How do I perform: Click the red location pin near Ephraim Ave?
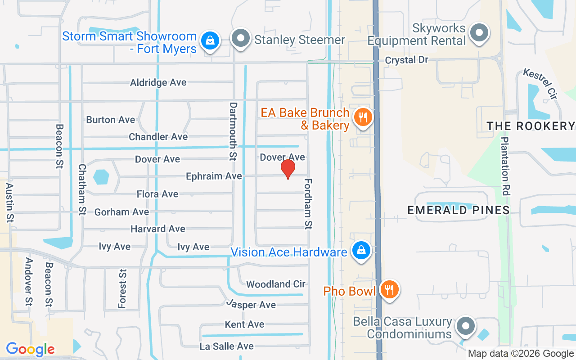point(288,169)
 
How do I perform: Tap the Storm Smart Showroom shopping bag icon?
point(210,40)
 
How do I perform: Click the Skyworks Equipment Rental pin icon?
point(479,33)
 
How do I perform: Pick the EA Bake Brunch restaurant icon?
point(362,118)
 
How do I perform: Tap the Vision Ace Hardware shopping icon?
point(361,250)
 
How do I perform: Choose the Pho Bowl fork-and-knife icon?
point(388,289)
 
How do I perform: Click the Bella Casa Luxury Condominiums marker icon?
point(466,326)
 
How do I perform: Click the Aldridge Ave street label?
point(158,83)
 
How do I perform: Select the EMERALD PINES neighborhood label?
point(458,210)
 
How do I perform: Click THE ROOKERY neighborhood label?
point(531,126)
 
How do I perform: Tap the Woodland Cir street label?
point(276,284)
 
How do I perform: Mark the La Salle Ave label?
point(227,346)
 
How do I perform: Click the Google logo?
point(30,349)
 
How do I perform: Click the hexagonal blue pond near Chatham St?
point(101,176)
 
